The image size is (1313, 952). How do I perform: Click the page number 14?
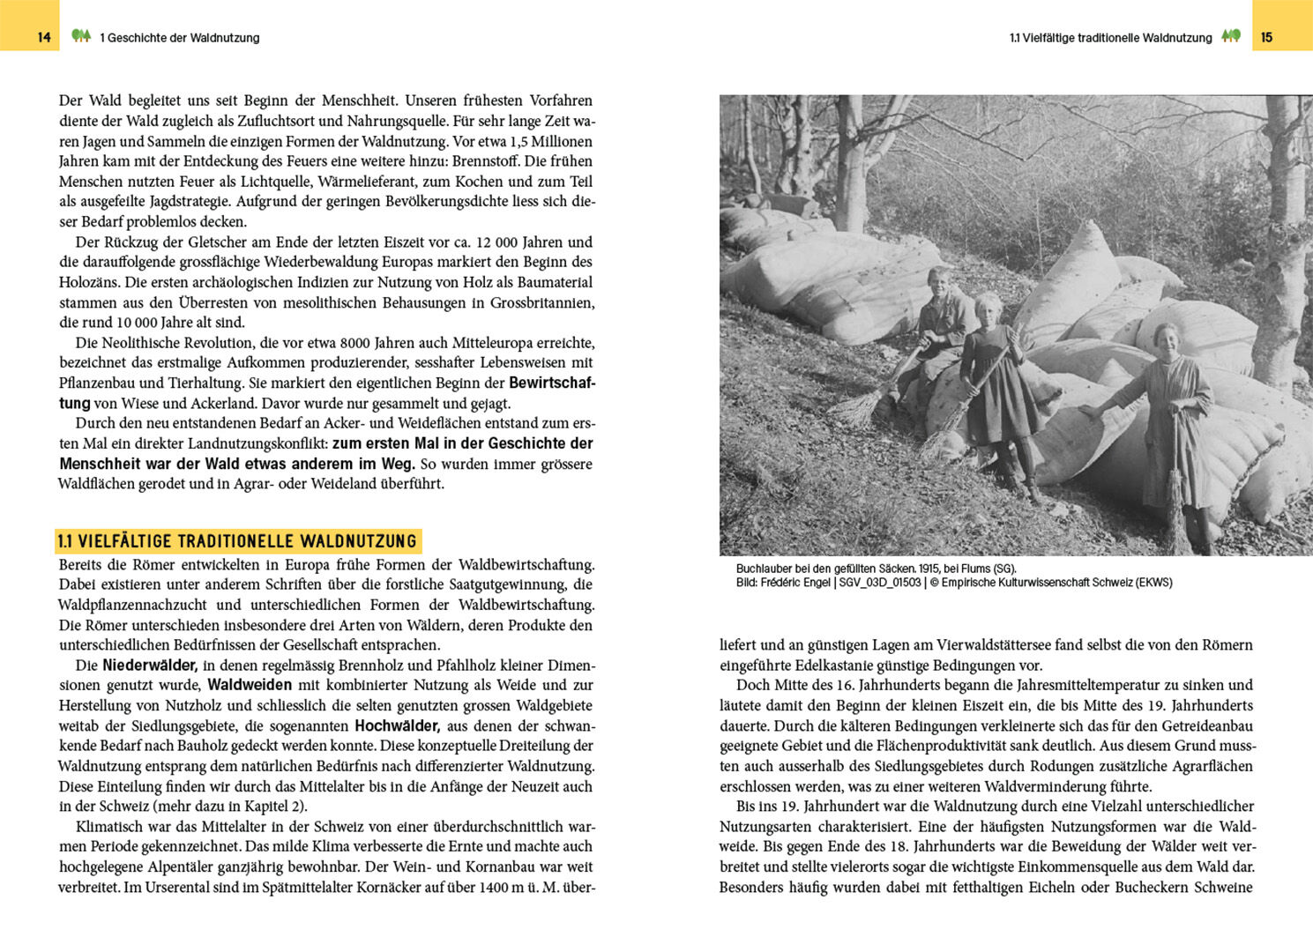pos(44,37)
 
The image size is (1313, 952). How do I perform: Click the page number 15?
pos(1267,37)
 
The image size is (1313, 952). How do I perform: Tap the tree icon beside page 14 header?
pos(81,36)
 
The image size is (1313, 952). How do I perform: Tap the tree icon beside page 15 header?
pos(1231,36)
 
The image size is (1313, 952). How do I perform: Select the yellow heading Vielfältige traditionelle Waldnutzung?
pos(238,541)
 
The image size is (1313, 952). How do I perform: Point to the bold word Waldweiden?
pos(250,685)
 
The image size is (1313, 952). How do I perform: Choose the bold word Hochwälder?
pos(397,725)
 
